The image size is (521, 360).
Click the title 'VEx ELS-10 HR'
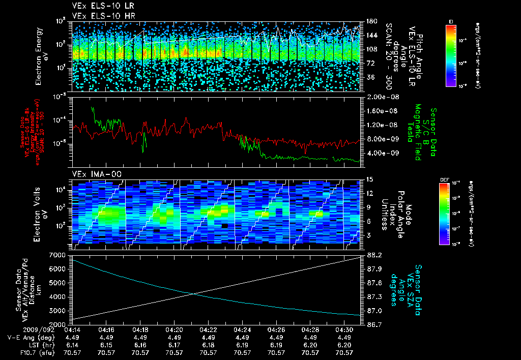[99, 16]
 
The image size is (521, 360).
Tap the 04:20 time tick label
[174, 329]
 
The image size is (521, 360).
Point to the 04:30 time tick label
[344, 329]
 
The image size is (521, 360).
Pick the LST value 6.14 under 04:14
[72, 344]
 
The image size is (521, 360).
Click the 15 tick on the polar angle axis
[369, 179]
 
